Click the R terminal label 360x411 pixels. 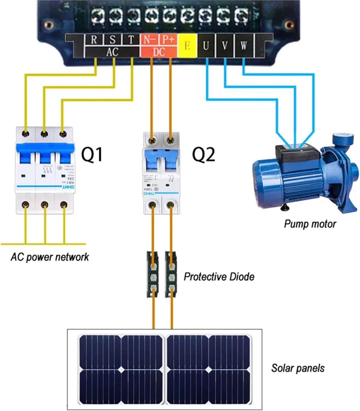[94, 40]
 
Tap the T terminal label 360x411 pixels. [131, 40]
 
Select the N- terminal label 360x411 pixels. [149, 40]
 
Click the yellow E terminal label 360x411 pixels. [187, 46]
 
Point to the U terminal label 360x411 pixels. [206, 46]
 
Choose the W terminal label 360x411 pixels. [243, 46]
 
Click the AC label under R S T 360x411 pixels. [112, 52]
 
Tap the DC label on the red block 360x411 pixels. [158, 52]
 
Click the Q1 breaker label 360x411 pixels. [92, 154]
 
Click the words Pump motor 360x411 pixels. [310, 224]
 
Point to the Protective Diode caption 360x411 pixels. [219, 276]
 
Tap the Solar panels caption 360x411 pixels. [298, 368]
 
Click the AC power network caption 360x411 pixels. [50, 257]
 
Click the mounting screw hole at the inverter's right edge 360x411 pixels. [288, 25]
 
